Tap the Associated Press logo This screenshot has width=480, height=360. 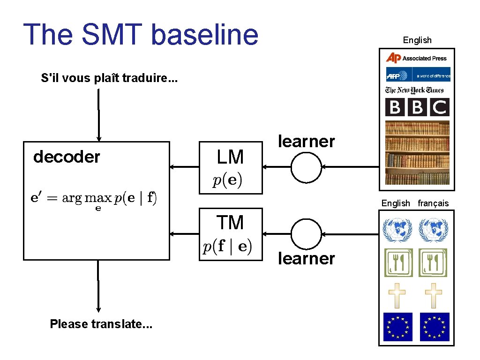[416, 58]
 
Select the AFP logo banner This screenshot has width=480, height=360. [418, 75]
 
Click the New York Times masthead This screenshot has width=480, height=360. [414, 90]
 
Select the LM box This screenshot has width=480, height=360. [231, 167]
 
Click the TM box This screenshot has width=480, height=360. [231, 233]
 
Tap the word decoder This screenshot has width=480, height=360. [67, 157]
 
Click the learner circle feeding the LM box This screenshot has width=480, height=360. [306, 167]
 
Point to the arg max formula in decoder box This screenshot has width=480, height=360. [94, 199]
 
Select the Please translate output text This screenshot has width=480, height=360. [101, 324]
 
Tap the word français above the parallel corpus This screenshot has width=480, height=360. [433, 203]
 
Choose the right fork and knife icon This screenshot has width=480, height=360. [433, 262]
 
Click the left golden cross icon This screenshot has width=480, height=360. [397, 295]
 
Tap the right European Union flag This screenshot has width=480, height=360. [435, 327]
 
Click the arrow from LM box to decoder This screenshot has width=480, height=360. [184, 167]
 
